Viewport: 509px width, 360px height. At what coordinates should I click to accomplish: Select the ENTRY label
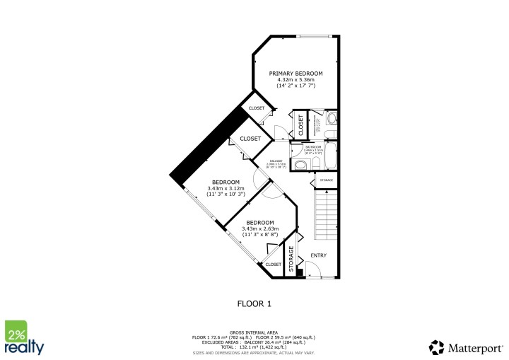318,255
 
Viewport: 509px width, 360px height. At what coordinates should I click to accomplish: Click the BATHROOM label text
312,147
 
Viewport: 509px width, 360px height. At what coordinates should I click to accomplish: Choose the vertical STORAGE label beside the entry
290,259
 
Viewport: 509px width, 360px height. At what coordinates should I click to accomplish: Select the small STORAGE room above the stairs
326,180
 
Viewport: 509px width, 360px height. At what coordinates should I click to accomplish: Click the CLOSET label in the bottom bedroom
273,264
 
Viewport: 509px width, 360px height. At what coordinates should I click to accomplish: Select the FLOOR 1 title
254,303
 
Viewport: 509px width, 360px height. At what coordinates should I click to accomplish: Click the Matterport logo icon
437,347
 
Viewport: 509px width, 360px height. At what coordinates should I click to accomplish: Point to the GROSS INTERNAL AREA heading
254,332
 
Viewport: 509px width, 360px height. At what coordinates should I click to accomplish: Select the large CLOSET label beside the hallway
250,139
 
